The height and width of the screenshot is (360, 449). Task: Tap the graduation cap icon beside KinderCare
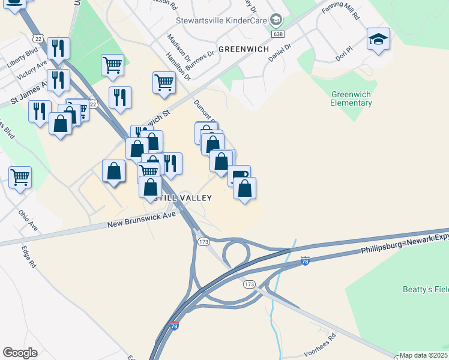[276, 20]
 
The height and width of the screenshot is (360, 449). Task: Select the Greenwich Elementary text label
[351, 99]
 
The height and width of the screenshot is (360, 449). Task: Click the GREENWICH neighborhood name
[243, 49]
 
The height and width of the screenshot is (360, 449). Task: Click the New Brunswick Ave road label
[142, 220]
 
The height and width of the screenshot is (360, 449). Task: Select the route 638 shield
[277, 34]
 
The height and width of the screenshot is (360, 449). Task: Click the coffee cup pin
[239, 175]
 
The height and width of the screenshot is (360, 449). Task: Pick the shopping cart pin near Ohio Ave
[20, 177]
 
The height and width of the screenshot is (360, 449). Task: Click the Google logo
[20, 353]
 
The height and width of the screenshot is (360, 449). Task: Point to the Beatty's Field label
[425, 290]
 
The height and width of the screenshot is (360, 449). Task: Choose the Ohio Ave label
[28, 220]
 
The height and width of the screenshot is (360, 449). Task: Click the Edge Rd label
[29, 257]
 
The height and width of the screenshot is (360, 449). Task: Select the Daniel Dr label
[279, 52]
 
